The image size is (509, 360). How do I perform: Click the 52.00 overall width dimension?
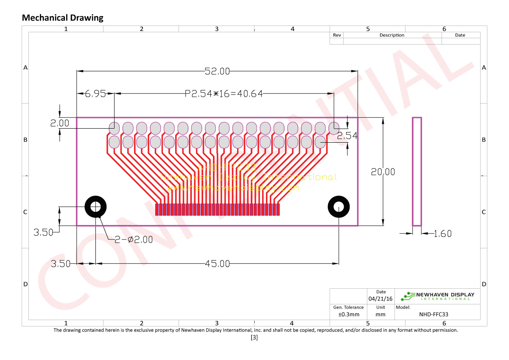pos(217,71)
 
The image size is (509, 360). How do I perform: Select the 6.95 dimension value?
pos(95,94)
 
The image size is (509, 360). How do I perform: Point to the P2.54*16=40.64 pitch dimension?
pos(224,94)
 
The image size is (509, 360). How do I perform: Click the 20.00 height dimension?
pos(383,172)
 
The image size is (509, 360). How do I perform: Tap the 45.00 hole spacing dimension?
pos(217,264)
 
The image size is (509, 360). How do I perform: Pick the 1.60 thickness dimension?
pos(442,233)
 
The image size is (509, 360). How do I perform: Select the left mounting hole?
pos(96,207)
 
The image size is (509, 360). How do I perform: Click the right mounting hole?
pos(338,207)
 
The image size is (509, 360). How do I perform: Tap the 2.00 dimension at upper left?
pos(59,123)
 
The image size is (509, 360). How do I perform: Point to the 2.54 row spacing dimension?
pos(347,136)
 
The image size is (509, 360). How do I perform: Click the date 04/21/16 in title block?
pos(380,298)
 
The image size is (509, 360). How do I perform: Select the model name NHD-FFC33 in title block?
pos(433,315)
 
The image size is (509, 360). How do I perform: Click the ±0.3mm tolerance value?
pos(348,315)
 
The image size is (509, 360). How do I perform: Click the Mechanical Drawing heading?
pos(62,18)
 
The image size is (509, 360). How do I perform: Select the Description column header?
pos(392,35)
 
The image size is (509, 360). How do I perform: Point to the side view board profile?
pos(417,172)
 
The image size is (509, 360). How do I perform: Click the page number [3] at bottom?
pos(254,338)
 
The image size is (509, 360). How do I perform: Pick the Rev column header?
pos(337,35)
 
